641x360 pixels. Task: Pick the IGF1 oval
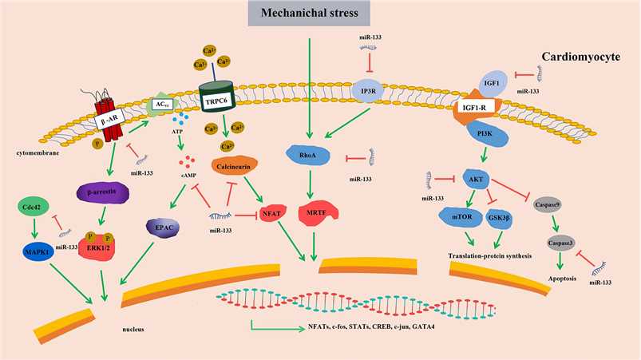tap(492, 81)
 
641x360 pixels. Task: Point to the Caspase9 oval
tap(547, 204)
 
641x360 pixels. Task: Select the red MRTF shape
tap(314, 214)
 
